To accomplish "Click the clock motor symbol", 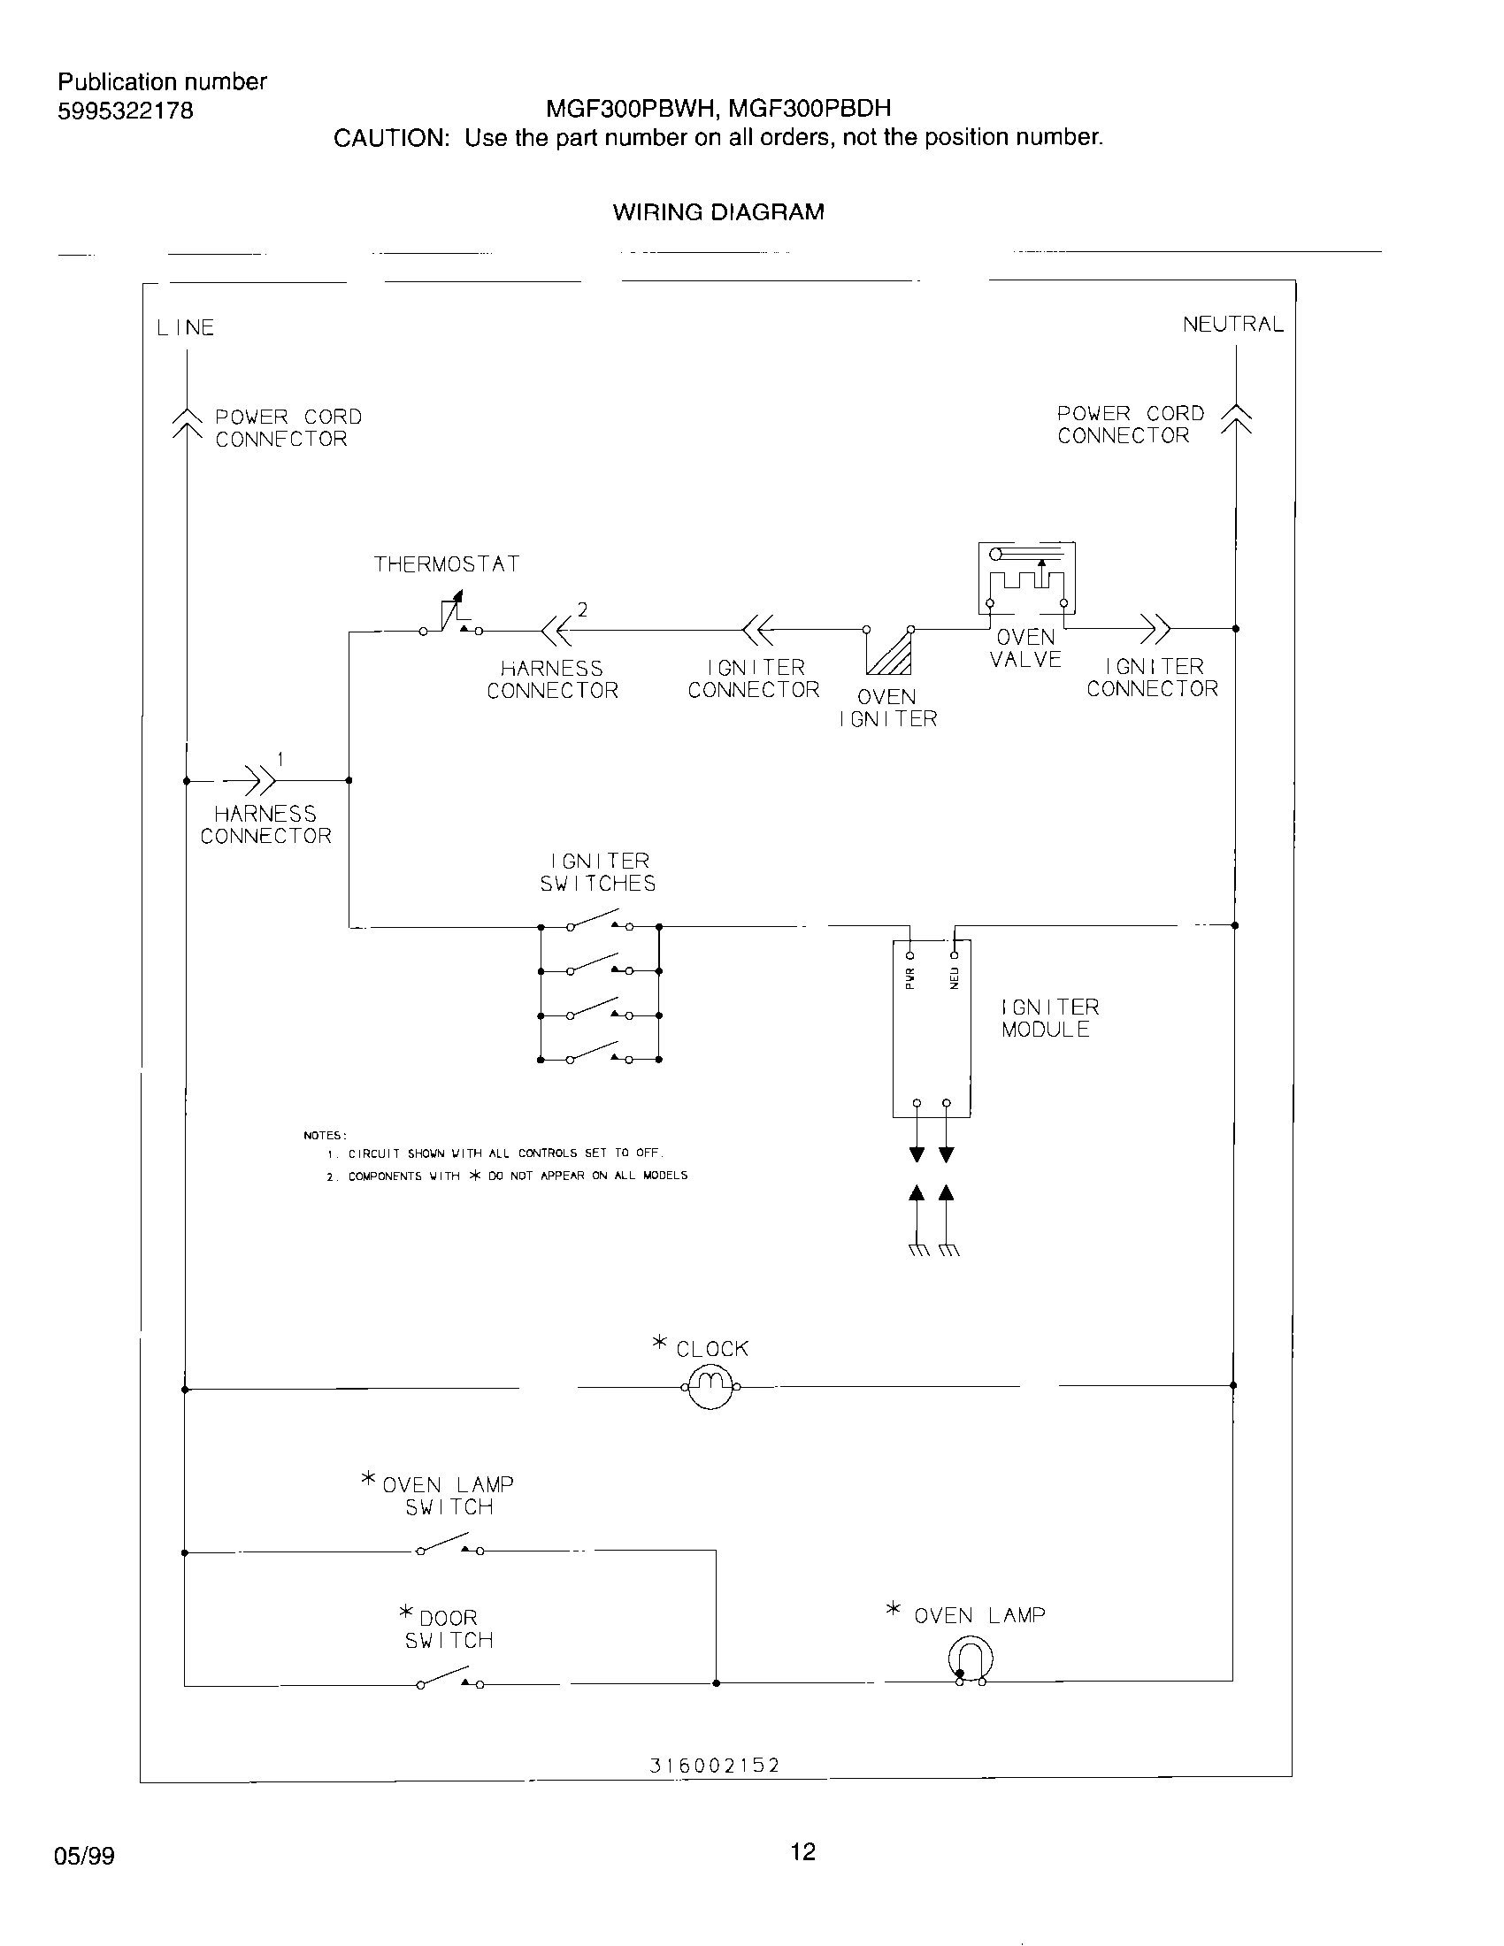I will [710, 1386].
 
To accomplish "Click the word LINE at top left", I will [185, 328].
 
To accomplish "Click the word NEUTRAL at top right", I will [1232, 325].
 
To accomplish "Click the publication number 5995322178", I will [126, 111].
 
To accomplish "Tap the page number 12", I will [802, 1851].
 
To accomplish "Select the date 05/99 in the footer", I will [85, 1855].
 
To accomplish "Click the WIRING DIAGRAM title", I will [718, 212].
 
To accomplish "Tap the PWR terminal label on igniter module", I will [909, 977].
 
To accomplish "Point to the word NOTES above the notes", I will [325, 1135].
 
